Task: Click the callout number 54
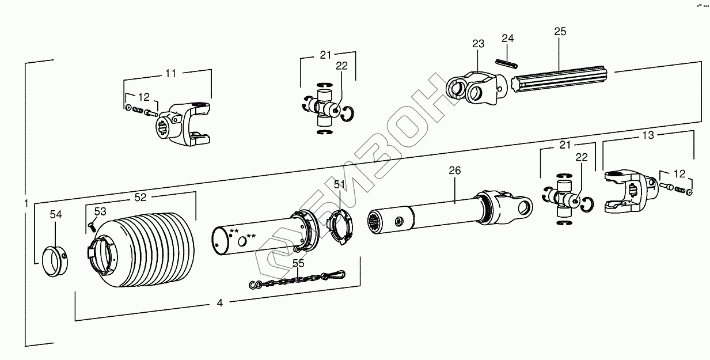coord(55,215)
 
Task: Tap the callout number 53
coord(100,212)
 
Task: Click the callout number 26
coord(455,170)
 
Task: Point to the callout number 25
coord(560,31)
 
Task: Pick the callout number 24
coord(507,39)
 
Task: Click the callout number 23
coord(479,44)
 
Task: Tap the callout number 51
coord(339,185)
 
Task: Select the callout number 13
coord(648,135)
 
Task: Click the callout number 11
coord(170,73)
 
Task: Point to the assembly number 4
coord(220,302)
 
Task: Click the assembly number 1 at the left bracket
coord(26,203)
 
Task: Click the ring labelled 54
coord(56,262)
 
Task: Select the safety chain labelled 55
coord(297,280)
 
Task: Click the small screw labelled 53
coord(91,226)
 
